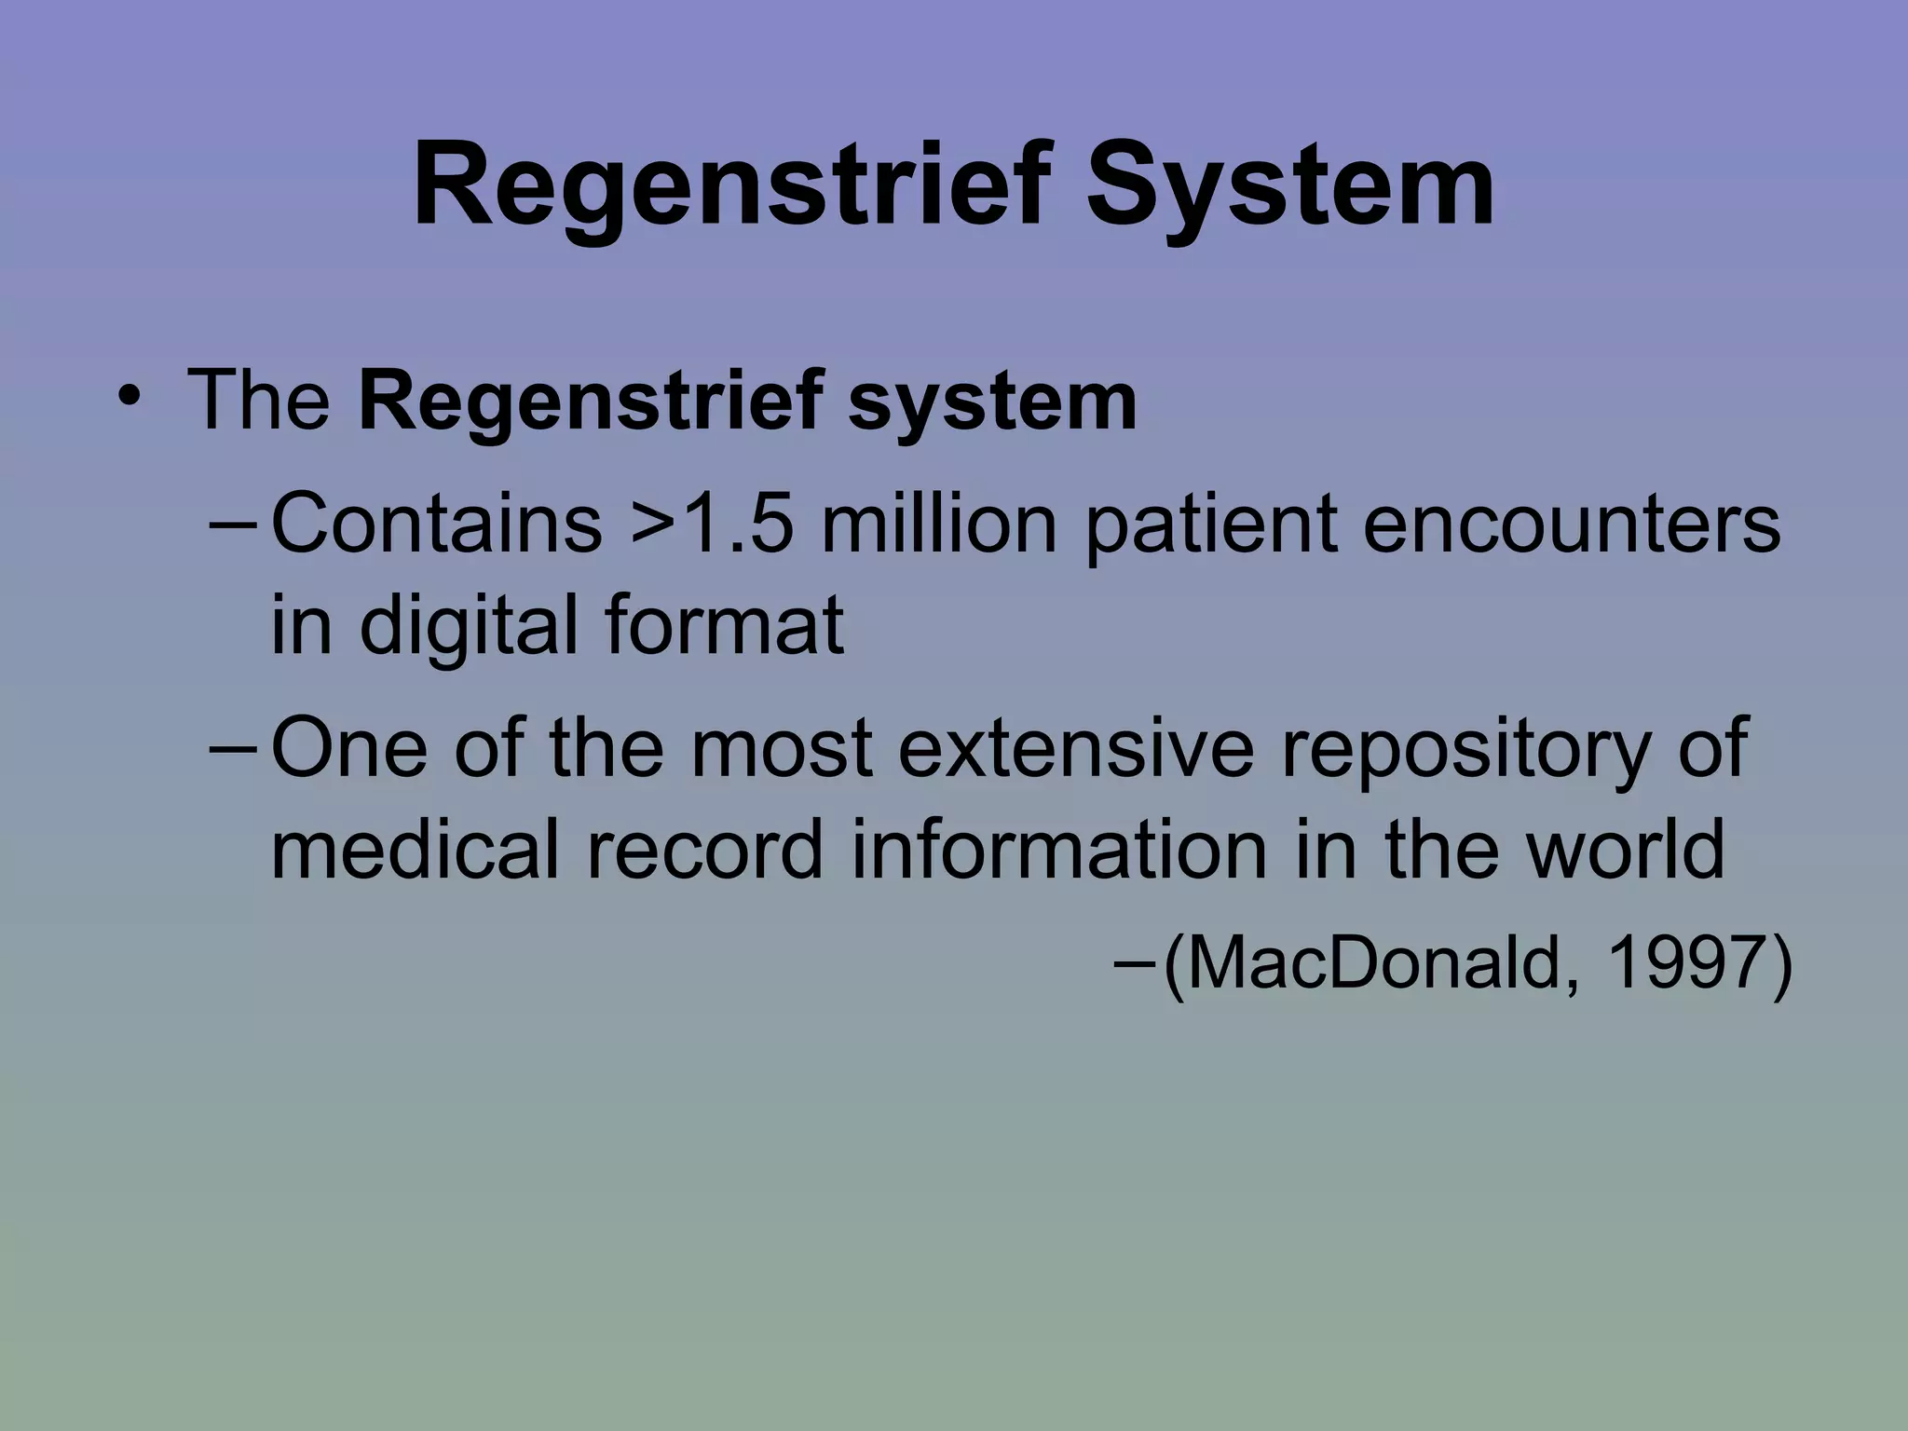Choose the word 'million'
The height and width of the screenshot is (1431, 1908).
click(940, 524)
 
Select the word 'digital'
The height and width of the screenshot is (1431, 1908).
click(475, 626)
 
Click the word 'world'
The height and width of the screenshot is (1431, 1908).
click(1625, 850)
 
